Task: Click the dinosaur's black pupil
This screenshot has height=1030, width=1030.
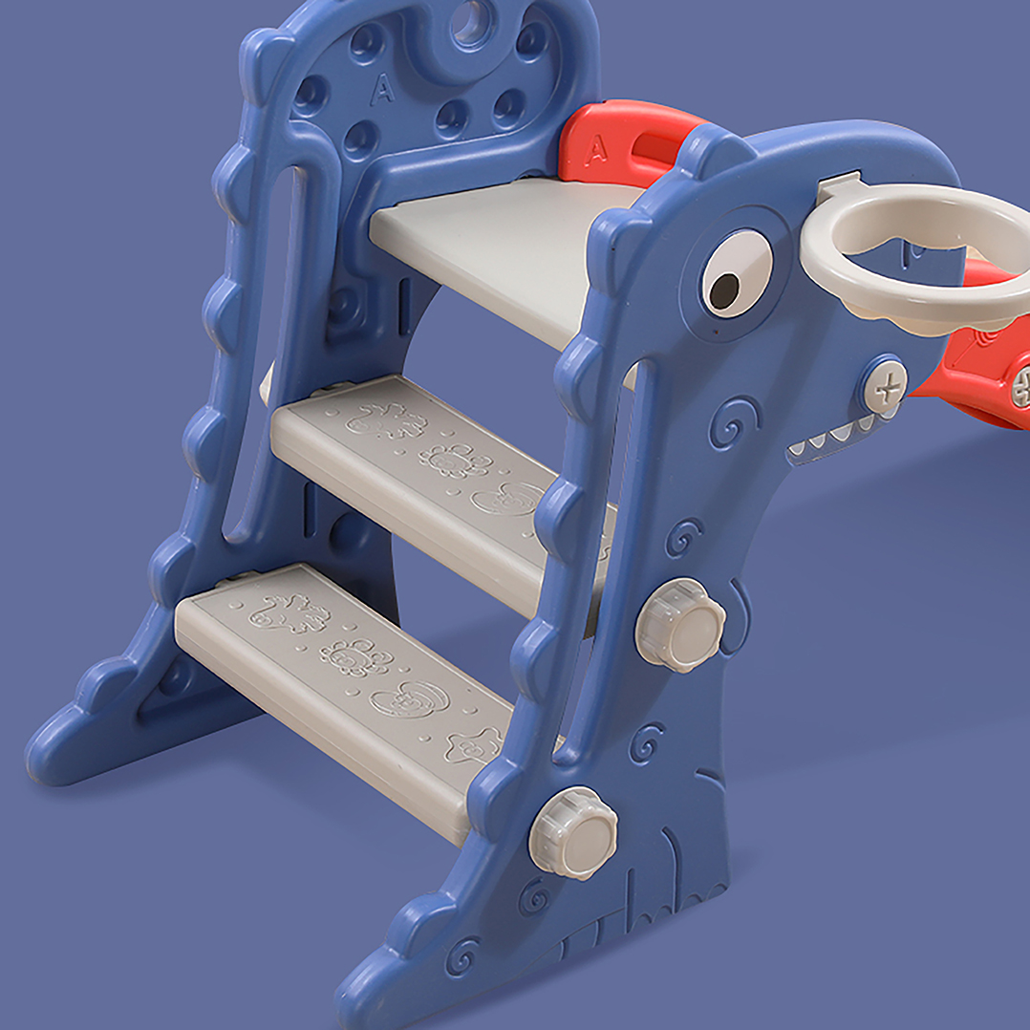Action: [x=724, y=291]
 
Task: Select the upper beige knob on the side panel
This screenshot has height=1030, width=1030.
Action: [x=680, y=625]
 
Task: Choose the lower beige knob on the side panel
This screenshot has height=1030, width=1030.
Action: [x=574, y=833]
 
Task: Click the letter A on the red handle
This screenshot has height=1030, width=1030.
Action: [x=596, y=150]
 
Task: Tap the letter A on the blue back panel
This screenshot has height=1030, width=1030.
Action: [x=383, y=89]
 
